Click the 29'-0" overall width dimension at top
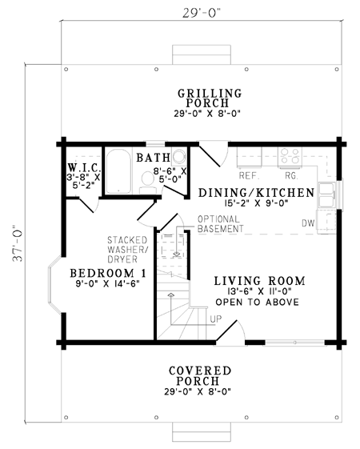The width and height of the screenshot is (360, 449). coord(202,13)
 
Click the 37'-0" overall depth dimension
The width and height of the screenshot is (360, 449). coord(18,243)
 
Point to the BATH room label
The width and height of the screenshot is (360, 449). coord(153,158)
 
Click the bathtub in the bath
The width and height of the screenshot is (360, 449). coord(118,171)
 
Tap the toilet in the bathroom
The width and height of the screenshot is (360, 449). coord(148,182)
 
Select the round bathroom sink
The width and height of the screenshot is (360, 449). coord(179,156)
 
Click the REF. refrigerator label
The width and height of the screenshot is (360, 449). coord(250,175)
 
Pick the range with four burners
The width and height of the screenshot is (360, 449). coord(290,157)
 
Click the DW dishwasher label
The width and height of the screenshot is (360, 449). coord(308,223)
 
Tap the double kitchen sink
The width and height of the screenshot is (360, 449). coord(327,194)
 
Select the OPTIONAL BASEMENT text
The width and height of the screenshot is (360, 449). coord(220,224)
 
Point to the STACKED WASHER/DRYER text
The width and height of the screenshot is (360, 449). coord(128,250)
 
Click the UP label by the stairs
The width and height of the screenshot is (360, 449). coord(216,319)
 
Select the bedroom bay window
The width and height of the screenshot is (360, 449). coord(54,284)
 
